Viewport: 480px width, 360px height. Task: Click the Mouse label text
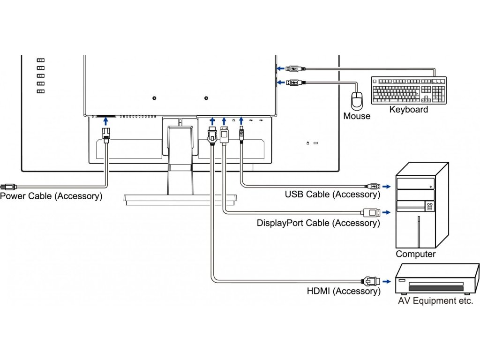tap(356, 116)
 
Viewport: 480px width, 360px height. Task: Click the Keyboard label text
tap(408, 110)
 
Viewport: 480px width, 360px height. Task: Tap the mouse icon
tap(357, 99)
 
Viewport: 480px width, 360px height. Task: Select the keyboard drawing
tap(408, 90)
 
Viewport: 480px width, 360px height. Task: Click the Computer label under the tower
tap(415, 254)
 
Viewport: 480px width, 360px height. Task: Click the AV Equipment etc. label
tap(435, 301)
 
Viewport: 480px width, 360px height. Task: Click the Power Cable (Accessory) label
tap(51, 196)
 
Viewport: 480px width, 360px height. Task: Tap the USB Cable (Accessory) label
tap(332, 194)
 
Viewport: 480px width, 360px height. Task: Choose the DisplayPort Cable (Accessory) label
tap(318, 223)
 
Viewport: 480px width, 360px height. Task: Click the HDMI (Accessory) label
tap(344, 291)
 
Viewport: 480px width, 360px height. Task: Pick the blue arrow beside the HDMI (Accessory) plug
tap(386, 282)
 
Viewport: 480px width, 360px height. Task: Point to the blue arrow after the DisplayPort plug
tap(386, 212)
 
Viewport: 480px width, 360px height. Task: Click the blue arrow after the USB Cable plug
tap(386, 187)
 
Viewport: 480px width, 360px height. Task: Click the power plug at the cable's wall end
tap(6, 186)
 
